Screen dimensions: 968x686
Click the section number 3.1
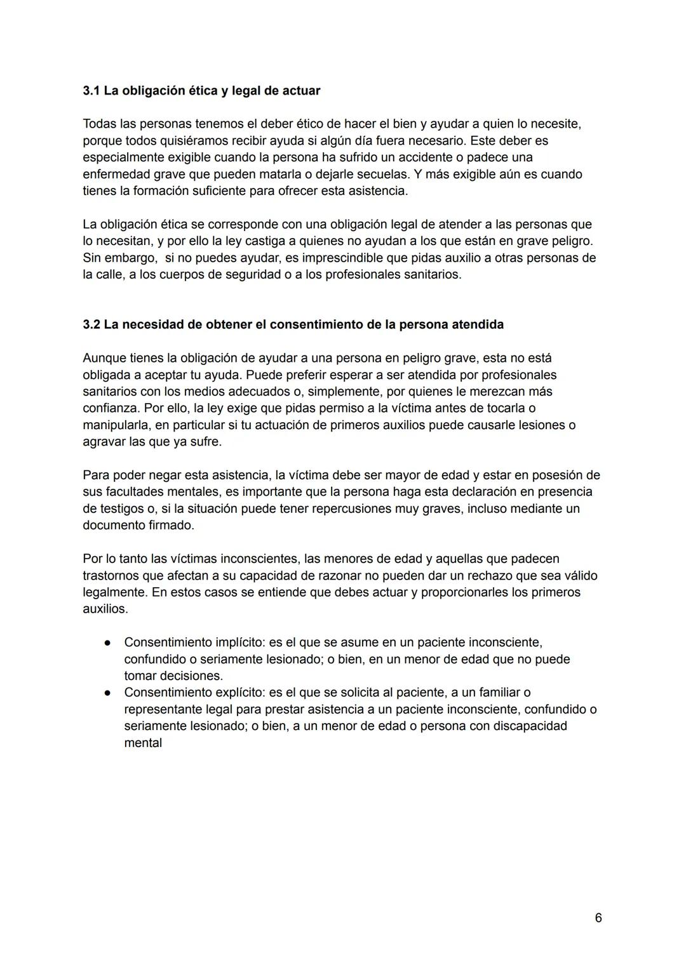[91, 91]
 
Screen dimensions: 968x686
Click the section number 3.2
[91, 325]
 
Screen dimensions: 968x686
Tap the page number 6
[598, 918]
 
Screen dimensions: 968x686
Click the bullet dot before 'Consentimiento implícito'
[108, 643]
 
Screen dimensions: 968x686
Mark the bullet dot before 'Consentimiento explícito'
[108, 693]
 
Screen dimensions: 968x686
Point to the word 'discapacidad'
[529, 726]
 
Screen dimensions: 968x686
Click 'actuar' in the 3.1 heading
[300, 91]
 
